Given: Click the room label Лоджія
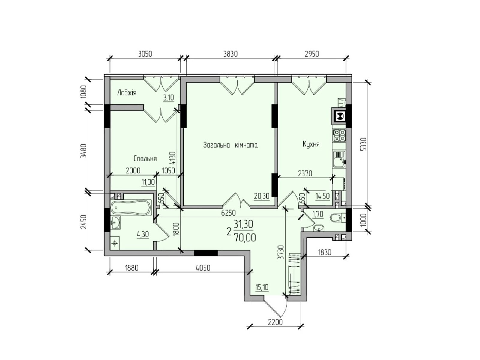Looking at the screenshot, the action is coord(127,93).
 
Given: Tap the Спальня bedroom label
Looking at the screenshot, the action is coord(145,158).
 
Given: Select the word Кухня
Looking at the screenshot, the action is coord(311,144).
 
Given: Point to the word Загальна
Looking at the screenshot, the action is coord(217,145).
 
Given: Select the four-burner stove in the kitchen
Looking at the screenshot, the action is coord(339,136).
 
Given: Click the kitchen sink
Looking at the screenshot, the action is coord(339,159).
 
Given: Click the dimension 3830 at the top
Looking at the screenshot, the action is coord(230,54).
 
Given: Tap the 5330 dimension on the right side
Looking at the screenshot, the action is coord(363,144).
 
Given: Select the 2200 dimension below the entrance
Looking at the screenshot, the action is coord(275,322).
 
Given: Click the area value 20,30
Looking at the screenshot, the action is coord(262,196).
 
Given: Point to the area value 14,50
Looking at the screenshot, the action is coord(322,196).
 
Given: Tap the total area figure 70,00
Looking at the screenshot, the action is coord(245,238).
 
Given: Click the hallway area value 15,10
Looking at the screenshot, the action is coord(262,287).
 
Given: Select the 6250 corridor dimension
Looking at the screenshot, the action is coord(229,213).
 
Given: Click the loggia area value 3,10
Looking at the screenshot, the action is coord(169,97).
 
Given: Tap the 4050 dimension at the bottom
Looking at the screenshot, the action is coord(203,268).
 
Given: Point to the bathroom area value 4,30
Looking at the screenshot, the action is coord(143,235).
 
